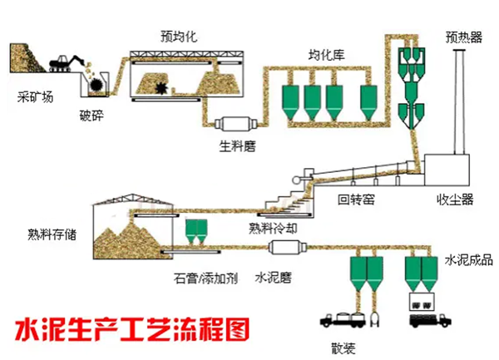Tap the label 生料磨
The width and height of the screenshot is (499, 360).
click(236, 145)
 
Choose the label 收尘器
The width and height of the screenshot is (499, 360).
click(455, 200)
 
